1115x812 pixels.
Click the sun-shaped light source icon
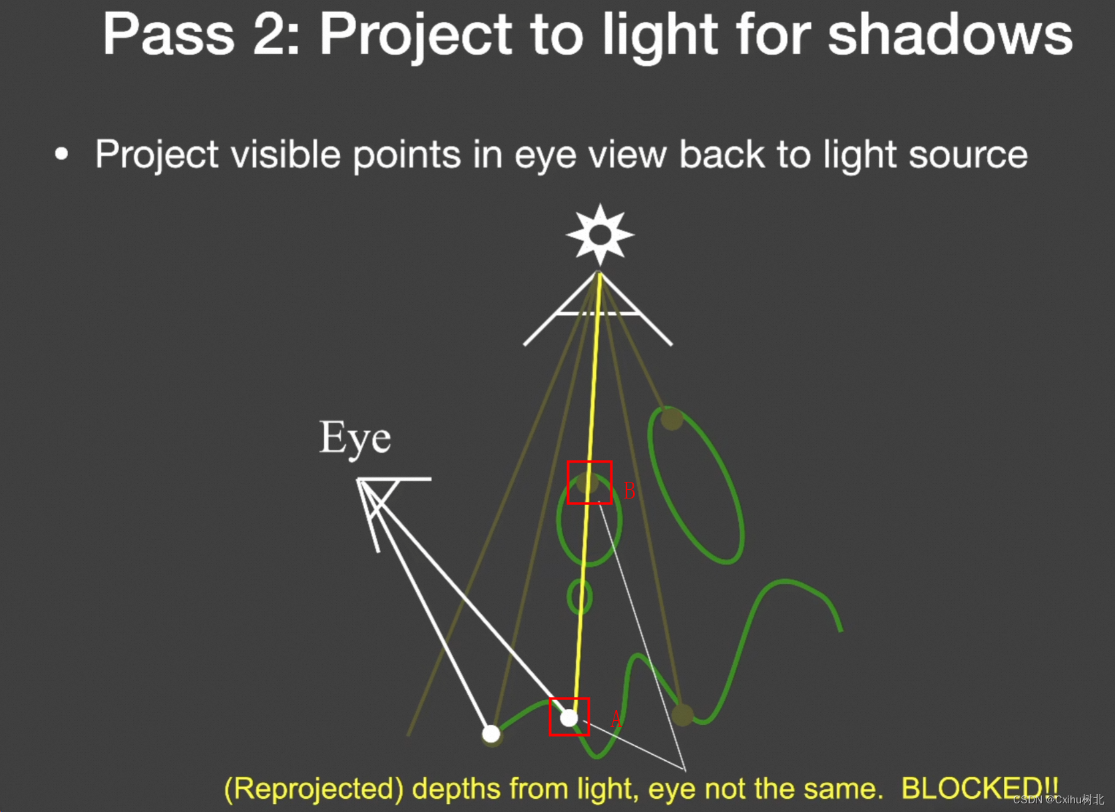click(600, 235)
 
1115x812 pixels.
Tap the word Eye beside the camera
click(355, 439)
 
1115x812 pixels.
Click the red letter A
click(616, 719)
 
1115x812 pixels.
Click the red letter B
click(630, 491)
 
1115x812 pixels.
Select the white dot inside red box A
click(568, 718)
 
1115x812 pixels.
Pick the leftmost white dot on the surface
click(491, 733)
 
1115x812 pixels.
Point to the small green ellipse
click(579, 596)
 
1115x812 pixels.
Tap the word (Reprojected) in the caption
click(314, 789)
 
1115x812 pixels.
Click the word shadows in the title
click(950, 35)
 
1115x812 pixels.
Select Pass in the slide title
click(168, 35)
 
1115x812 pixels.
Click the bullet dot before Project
click(61, 154)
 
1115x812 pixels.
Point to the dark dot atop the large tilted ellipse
click(672, 419)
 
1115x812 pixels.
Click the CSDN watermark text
click(1058, 799)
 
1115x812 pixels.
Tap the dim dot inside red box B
click(587, 483)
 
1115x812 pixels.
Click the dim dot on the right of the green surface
click(682, 715)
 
